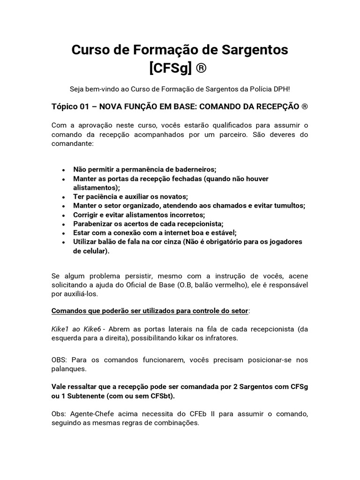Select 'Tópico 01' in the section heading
[x=70, y=106]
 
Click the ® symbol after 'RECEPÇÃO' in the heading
[x=304, y=106]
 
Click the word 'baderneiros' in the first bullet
[x=193, y=170]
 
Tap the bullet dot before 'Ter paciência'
[x=63, y=197]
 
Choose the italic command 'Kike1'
[x=60, y=329]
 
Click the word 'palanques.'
[x=68, y=368]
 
